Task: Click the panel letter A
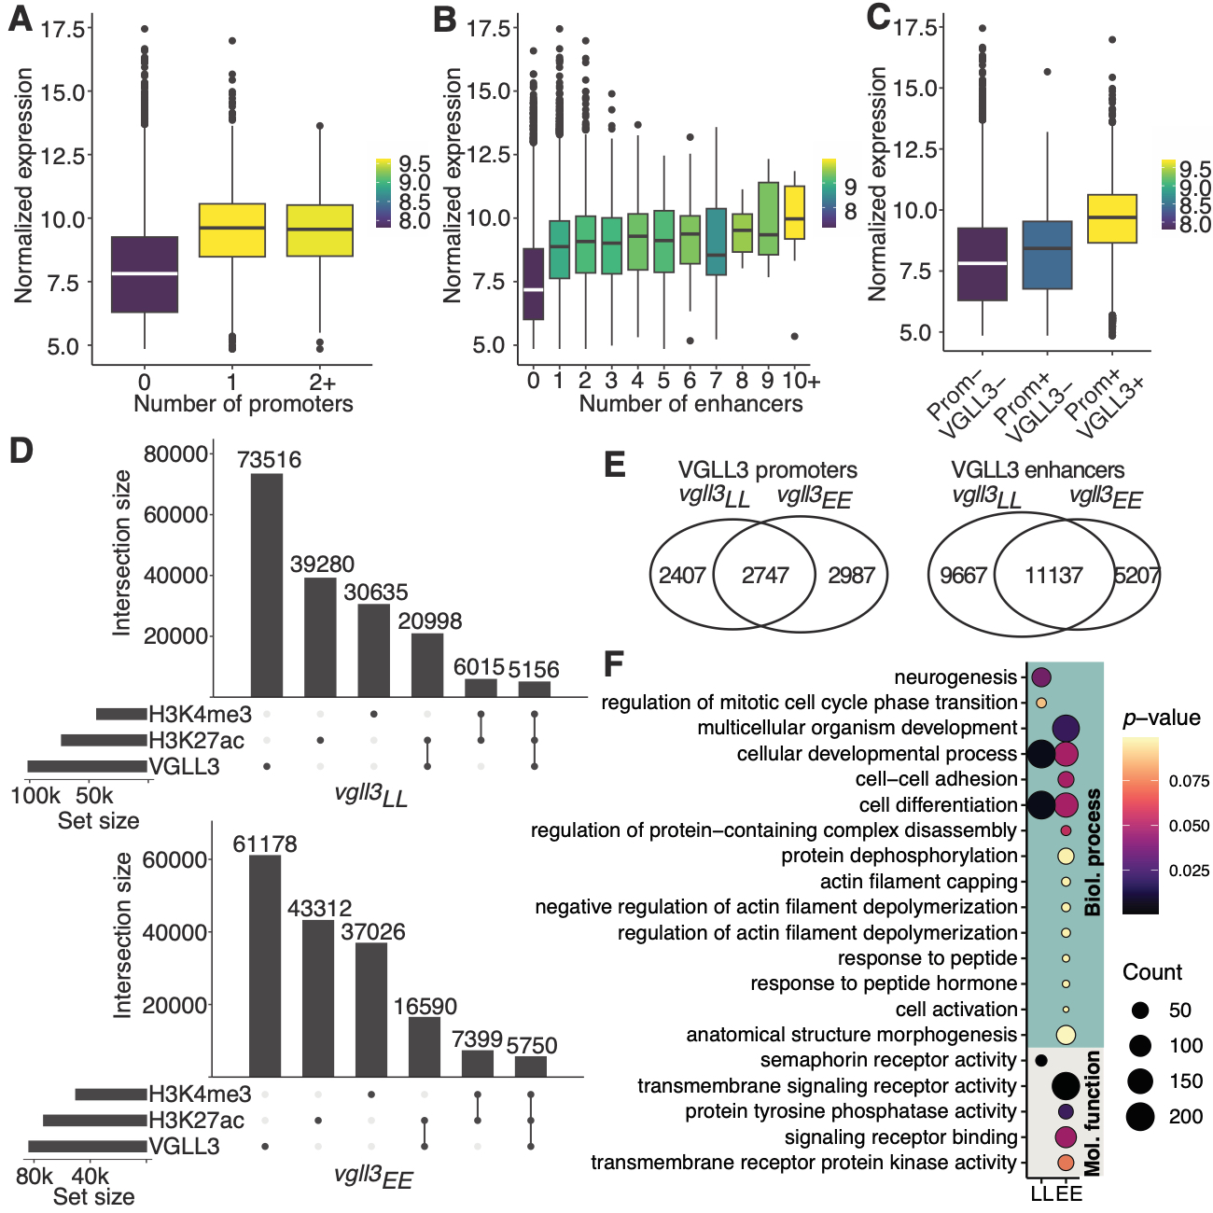click(21, 19)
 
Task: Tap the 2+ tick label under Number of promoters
click(322, 382)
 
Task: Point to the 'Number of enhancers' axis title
click(690, 404)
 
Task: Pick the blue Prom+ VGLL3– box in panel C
click(1047, 255)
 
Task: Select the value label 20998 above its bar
click(430, 621)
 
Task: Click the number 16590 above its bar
click(425, 1007)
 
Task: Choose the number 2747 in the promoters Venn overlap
click(765, 576)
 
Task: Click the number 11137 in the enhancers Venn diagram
click(1053, 576)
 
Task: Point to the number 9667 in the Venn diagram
click(963, 576)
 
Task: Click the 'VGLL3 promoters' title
click(767, 470)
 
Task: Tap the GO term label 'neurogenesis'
click(955, 677)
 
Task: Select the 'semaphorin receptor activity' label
click(887, 1060)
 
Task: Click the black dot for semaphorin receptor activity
click(1040, 1060)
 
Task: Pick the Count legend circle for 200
click(1140, 1116)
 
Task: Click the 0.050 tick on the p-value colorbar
click(1190, 826)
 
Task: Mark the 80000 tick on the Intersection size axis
click(176, 454)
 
